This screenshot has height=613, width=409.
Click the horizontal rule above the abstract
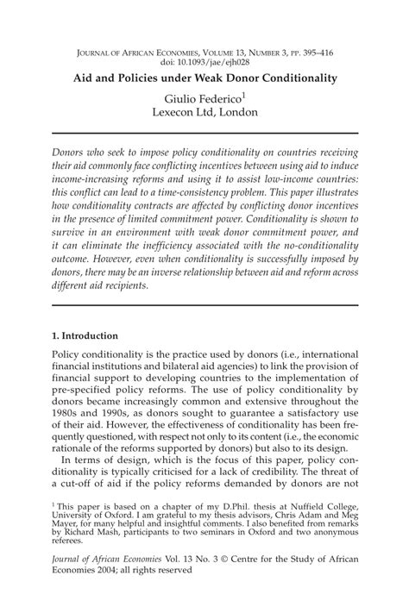204,133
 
